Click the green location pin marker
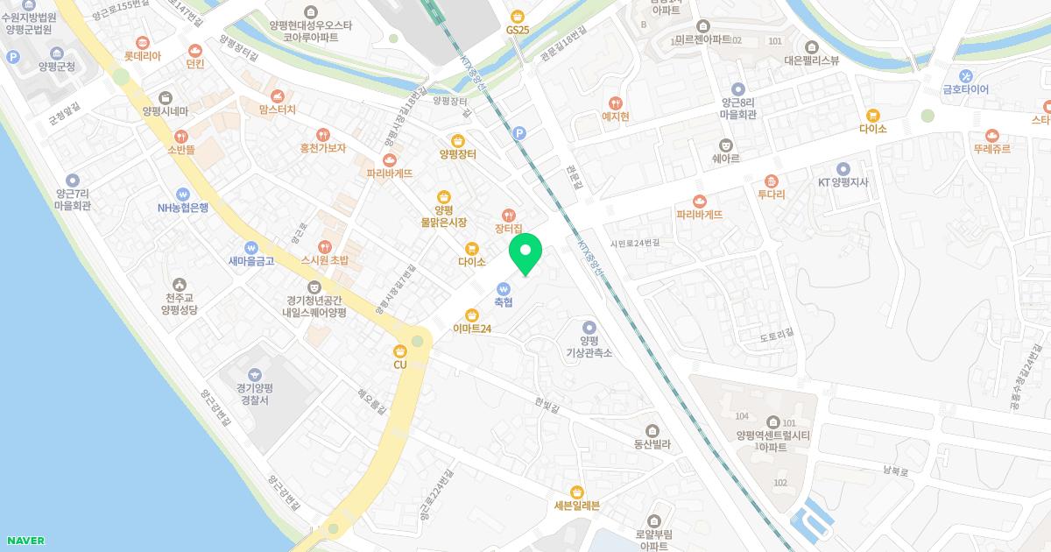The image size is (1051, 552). tap(525, 253)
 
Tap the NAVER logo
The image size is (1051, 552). tap(25, 541)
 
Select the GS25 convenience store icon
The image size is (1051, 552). tap(518, 16)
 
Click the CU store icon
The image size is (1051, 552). tap(400, 350)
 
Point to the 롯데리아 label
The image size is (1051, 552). tap(143, 55)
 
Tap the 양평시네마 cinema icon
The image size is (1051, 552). tap(166, 97)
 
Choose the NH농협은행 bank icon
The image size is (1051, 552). tap(183, 194)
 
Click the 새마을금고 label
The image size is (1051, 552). tap(251, 260)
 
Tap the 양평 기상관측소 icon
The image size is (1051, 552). tap(589, 327)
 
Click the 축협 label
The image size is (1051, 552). tap(503, 302)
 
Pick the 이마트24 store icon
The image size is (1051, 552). tap(472, 315)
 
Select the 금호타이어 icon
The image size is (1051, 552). tap(965, 75)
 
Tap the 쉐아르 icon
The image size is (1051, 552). tap(724, 145)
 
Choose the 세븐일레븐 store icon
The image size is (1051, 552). tap(576, 492)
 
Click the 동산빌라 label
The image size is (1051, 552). tap(652, 444)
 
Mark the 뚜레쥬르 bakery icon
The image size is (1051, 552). tap(991, 135)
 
